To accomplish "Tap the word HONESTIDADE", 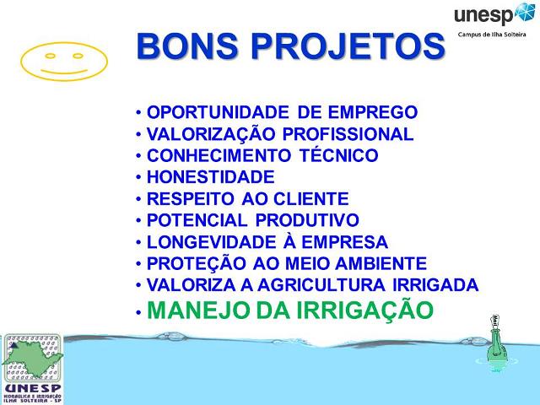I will pyautogui.click(x=211, y=178).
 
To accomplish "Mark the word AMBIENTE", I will pyautogui.click(x=378, y=264).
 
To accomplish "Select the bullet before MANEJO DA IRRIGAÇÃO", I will pyautogui.click(x=138, y=311).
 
